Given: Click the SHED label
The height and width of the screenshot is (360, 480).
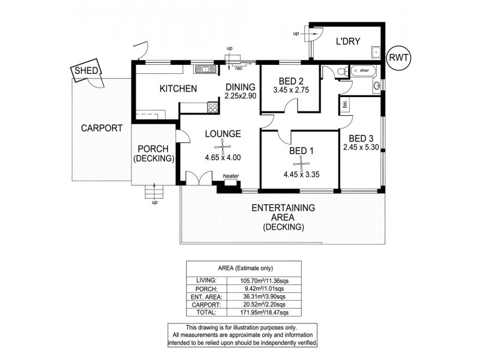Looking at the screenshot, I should (83, 72).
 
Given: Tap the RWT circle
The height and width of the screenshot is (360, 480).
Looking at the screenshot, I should (399, 58).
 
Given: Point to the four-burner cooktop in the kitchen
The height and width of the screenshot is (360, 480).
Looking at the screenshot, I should (212, 107).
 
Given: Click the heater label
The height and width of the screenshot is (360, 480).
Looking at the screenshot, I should (230, 176).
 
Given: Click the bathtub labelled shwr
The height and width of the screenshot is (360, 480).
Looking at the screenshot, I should (363, 72).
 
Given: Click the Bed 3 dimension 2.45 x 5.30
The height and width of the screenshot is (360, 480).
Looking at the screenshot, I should (362, 146).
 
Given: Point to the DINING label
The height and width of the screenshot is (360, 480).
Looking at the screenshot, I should (240, 86).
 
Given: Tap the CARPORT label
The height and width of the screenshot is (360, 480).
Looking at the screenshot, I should (102, 128).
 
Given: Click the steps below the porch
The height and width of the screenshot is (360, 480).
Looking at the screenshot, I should (154, 193).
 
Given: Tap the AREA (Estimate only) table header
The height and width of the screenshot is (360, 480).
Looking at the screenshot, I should (251, 268).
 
